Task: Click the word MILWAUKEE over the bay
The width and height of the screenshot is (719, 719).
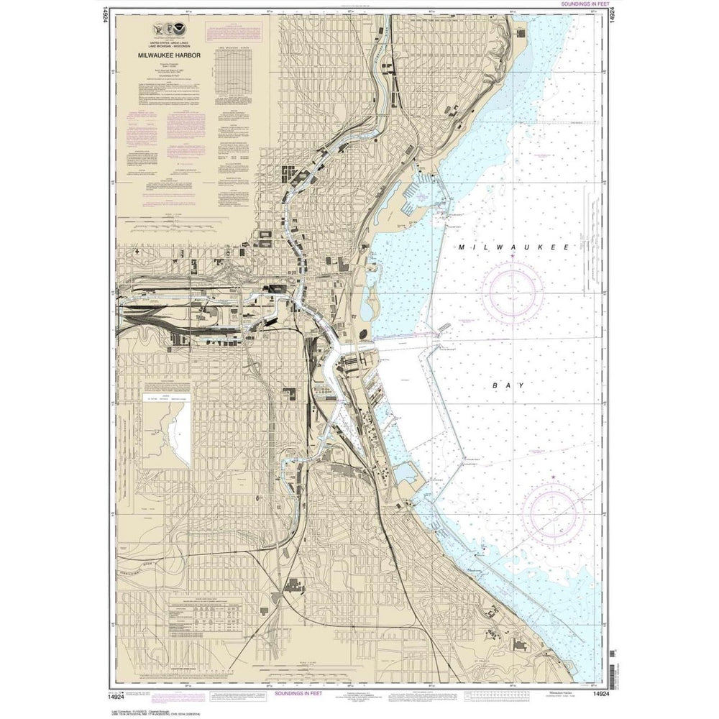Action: point(514,247)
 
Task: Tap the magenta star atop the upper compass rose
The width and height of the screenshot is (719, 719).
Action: point(512,256)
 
